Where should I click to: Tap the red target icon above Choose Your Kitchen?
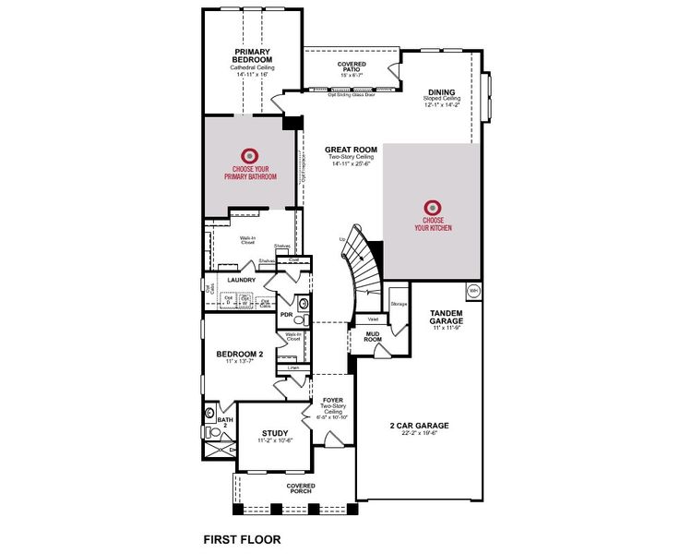pyautogui.click(x=431, y=208)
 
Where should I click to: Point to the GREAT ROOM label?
pyautogui.click(x=351, y=150)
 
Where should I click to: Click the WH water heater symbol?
pyautogui.click(x=472, y=290)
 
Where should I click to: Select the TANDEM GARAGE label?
pyautogui.click(x=452, y=318)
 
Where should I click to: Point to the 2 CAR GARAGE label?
pyautogui.click(x=419, y=426)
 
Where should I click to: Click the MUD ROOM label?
pyautogui.click(x=373, y=335)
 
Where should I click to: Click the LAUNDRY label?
pyautogui.click(x=241, y=280)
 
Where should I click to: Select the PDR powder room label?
pyautogui.click(x=286, y=315)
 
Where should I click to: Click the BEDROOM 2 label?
pyautogui.click(x=240, y=354)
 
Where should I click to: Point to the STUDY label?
pyautogui.click(x=275, y=433)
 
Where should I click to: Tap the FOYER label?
pyautogui.click(x=333, y=400)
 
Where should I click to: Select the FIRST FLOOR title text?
pyautogui.click(x=242, y=537)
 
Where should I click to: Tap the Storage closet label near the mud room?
pyautogui.click(x=399, y=303)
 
